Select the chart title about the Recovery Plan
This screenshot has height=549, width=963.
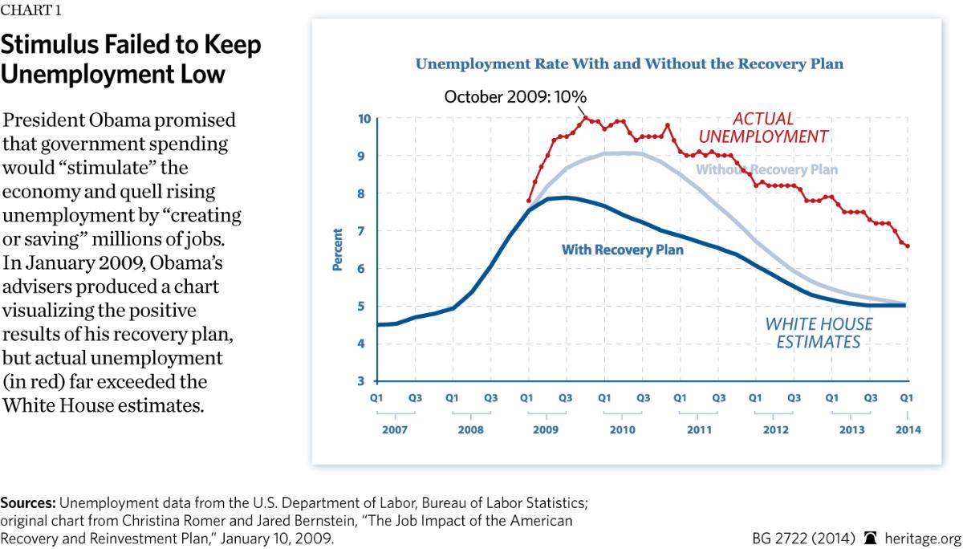click(x=629, y=63)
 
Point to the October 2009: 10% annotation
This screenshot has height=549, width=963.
click(x=515, y=97)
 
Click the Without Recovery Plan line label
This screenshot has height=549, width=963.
click(x=766, y=169)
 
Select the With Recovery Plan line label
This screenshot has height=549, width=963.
click(x=623, y=250)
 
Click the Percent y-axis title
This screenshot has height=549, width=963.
click(x=338, y=250)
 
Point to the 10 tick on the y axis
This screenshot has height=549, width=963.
click(x=364, y=119)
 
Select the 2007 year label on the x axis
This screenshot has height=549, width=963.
click(x=395, y=429)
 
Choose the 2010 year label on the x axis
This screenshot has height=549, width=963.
click(x=621, y=429)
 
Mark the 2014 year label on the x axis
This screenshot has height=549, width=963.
click(x=908, y=429)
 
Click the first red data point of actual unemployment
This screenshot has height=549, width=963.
click(x=529, y=201)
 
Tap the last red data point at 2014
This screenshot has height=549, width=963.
click(x=908, y=246)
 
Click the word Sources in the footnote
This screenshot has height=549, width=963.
click(x=27, y=503)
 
